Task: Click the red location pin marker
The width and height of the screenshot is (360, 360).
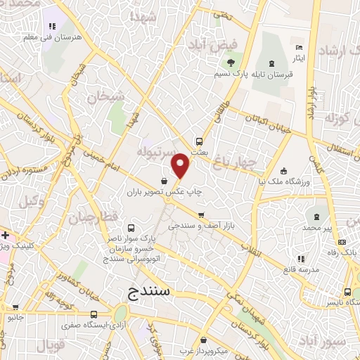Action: pyautogui.click(x=181, y=167)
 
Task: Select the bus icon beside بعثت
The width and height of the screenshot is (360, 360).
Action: pyautogui.click(x=200, y=141)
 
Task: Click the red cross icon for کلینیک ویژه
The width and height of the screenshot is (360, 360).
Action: pyautogui.click(x=4, y=234)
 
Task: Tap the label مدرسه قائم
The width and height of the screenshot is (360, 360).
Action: pyautogui.click(x=301, y=269)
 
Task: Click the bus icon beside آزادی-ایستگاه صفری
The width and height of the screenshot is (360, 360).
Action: pyautogui.click(x=94, y=314)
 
